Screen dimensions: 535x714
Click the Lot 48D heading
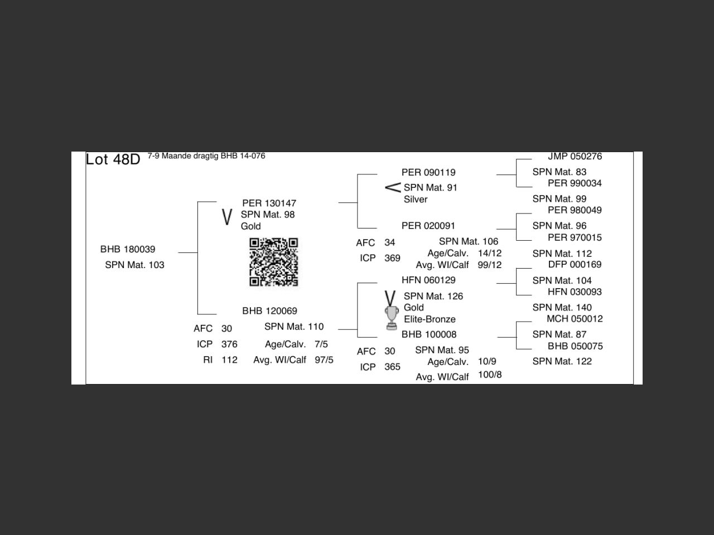pos(113,159)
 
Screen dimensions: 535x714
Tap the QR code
pos(273,262)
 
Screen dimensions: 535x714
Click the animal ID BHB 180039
pos(128,249)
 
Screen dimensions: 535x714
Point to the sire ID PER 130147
pos(269,203)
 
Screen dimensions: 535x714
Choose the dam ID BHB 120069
pos(269,311)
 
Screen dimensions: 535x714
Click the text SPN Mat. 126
pos(433,296)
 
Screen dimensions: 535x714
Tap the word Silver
pos(416,200)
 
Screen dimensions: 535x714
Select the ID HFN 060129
pos(428,280)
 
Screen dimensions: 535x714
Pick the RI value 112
pos(229,360)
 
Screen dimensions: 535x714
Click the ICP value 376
pos(229,344)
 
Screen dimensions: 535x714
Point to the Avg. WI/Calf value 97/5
pos(324,360)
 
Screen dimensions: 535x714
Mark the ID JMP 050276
pos(575,157)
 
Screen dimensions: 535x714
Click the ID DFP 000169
pos(575,265)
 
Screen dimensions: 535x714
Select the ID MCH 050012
pos(575,319)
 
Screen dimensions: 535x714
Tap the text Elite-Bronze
pos(430,319)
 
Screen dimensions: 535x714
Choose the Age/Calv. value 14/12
pos(490,254)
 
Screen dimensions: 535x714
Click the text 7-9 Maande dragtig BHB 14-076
pos(206,156)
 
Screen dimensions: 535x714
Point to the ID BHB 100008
pos(429,334)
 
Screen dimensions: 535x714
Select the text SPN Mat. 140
pos(562,308)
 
